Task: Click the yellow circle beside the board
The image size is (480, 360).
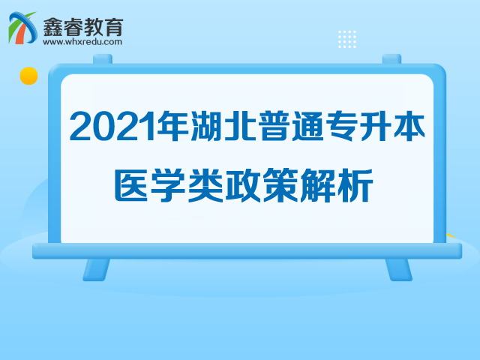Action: [x=28, y=76]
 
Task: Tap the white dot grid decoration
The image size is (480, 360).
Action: [x=347, y=39]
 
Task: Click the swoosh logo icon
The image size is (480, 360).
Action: [x=22, y=28]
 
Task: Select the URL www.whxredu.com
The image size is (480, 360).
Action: [x=82, y=42]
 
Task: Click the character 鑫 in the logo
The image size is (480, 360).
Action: [x=53, y=27]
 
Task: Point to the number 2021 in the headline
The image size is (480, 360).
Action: [x=112, y=127]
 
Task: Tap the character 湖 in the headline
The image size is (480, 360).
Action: [x=207, y=126]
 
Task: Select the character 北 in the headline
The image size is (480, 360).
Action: [x=240, y=126]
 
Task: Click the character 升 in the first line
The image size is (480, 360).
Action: [x=376, y=126]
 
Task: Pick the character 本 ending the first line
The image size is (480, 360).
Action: [x=409, y=126]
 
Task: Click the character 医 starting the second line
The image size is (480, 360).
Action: [x=132, y=185]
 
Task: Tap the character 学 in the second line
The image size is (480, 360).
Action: [x=168, y=185]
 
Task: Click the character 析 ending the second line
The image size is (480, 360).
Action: [x=355, y=185]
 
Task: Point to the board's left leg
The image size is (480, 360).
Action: [x=96, y=269]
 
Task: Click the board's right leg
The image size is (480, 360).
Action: [x=398, y=269]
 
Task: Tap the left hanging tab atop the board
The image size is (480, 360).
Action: [x=103, y=59]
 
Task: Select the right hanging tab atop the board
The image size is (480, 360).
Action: [x=391, y=59]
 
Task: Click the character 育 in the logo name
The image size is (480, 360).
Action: [x=114, y=27]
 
